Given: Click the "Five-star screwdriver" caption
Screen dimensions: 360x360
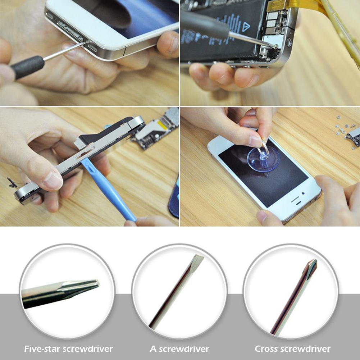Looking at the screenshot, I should click(68, 348).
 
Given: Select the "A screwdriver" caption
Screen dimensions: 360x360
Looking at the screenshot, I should click(179, 348).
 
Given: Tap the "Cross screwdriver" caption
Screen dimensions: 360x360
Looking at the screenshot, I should click(292, 348).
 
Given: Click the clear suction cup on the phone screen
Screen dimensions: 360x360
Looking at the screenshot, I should click(263, 158).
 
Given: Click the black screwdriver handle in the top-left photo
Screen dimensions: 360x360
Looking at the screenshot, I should click(27, 67).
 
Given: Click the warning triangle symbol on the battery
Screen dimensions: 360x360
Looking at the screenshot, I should click(247, 26).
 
